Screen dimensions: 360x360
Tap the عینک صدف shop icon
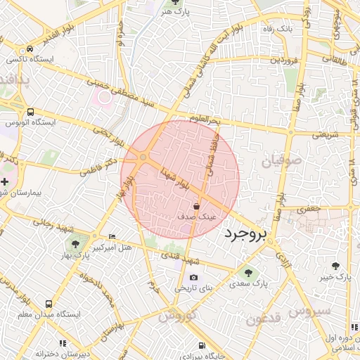196,206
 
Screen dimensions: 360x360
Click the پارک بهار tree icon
76,244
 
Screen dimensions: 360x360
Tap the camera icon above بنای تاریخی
193,277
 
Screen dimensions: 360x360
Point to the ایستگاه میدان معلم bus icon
49,304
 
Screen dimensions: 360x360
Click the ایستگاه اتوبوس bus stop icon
30,112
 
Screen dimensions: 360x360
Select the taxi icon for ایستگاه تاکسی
30,49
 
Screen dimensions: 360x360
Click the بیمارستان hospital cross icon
5,181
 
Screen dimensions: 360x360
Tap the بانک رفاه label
276,29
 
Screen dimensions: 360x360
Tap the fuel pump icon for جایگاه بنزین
202,345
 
